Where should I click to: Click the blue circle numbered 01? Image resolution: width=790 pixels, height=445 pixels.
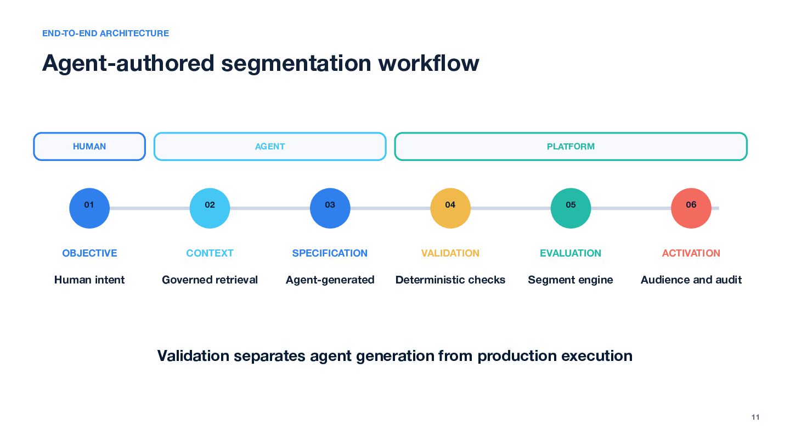coord(89,208)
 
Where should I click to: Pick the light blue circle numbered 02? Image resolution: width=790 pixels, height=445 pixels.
coord(210,208)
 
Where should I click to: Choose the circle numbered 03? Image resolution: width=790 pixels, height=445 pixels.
coord(330,208)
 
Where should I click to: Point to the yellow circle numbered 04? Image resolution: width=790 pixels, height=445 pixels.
coord(450,208)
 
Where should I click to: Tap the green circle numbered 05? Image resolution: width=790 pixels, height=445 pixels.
coord(571,208)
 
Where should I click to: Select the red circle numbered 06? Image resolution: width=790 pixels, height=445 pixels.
coord(691,208)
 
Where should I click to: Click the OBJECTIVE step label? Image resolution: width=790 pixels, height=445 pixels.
coord(89,253)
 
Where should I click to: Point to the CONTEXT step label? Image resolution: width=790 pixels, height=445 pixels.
coord(210,253)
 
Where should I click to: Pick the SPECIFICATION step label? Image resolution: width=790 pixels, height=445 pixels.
coord(330,253)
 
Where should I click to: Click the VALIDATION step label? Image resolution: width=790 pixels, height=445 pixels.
coord(450,253)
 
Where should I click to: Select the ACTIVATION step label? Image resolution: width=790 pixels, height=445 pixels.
coord(691,253)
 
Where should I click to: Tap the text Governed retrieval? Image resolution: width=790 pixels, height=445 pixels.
coord(210,280)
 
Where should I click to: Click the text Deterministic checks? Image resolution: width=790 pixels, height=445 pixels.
coord(450,280)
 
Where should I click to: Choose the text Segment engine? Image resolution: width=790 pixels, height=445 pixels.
coord(571,280)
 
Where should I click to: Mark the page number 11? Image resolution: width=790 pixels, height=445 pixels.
coord(755,417)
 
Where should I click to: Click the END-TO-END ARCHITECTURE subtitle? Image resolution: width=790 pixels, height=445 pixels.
coord(105,33)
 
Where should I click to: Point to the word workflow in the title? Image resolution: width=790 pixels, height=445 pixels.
coord(428,63)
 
